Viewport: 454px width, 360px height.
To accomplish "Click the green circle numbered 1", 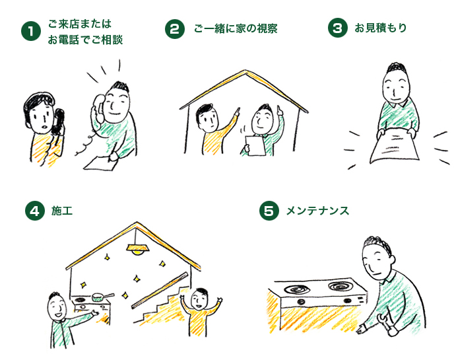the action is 31,31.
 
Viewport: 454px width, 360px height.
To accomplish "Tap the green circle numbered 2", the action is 175,29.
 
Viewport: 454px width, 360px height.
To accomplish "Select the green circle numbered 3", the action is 338,28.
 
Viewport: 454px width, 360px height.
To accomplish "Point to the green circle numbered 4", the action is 35,211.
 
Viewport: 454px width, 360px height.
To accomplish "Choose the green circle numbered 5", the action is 269,211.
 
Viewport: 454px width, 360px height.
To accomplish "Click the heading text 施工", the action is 62,211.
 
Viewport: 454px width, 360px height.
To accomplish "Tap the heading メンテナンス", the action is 317,211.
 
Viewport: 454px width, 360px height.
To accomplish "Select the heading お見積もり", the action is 381,28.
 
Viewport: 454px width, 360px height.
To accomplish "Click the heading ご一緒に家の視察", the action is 236,28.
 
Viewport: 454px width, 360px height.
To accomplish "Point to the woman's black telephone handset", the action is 58,122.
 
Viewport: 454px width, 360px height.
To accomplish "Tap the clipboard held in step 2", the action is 255,146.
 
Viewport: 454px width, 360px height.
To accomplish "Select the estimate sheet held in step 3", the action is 395,147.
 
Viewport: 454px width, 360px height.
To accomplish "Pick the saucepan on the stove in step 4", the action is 102,297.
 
